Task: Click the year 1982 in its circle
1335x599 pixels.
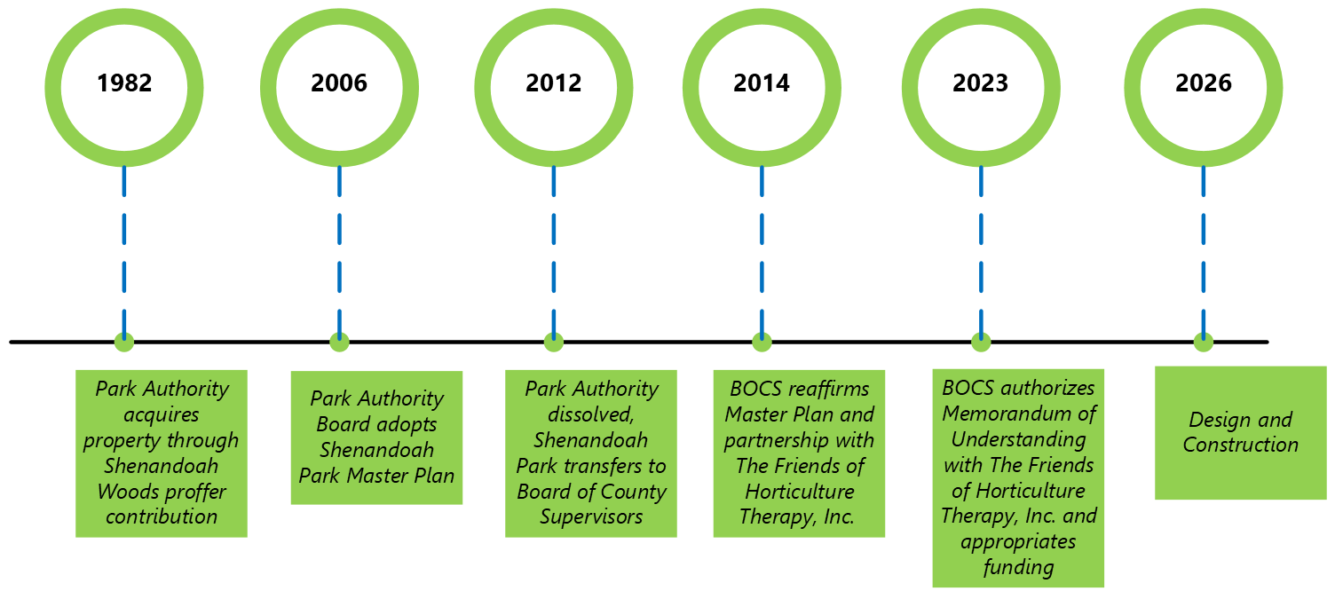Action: coord(124,83)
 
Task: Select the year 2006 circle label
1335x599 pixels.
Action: coord(339,83)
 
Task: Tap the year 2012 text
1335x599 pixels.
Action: coord(554,83)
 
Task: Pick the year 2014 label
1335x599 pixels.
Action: coord(762,83)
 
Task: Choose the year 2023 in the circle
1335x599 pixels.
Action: coord(981,83)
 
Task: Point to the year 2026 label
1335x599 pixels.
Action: coord(1204,83)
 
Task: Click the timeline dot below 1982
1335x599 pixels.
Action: coord(124,342)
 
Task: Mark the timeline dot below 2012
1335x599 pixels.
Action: coord(554,342)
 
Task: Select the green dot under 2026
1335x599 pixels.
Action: coord(1204,342)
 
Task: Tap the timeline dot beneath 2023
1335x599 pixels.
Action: coord(981,342)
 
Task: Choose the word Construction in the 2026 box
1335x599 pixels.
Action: coord(1240,445)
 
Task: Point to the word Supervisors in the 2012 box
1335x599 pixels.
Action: coord(591,516)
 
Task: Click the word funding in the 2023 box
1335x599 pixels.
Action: coord(1018,567)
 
